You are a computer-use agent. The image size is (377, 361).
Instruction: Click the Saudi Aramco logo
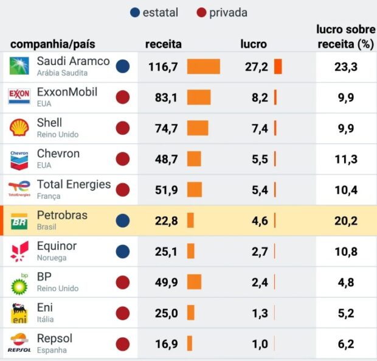tap(19, 66)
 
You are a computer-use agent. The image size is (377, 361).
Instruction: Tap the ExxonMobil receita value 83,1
tap(163, 97)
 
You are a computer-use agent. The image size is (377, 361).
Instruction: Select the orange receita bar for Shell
tap(197, 128)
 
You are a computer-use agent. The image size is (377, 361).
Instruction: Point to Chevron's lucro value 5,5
tap(260, 159)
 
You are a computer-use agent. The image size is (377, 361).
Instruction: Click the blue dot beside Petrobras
tap(123, 221)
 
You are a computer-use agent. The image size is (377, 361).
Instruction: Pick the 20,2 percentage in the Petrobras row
tap(345, 221)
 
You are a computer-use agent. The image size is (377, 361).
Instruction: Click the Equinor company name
tap(57, 246)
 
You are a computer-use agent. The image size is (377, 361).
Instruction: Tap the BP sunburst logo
tap(19, 283)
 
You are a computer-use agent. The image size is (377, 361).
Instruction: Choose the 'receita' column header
tap(163, 44)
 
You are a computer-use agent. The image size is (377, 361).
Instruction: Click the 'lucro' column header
tap(254, 44)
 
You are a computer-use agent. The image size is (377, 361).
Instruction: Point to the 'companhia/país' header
tap(53, 44)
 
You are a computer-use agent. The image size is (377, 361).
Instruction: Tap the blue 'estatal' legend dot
tap(135, 13)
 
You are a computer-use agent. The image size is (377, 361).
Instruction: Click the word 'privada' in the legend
tap(228, 13)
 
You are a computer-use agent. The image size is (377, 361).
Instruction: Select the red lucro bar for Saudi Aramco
tap(278, 66)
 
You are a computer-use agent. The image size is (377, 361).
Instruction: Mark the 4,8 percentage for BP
tap(345, 282)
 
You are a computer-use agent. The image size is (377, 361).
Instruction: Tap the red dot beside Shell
tap(123, 128)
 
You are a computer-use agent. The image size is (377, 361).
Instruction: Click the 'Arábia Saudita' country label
tap(62, 73)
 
